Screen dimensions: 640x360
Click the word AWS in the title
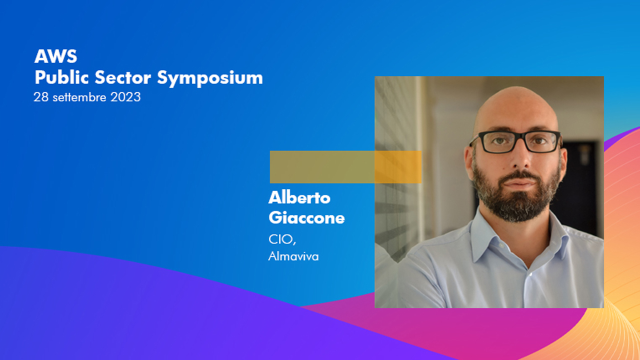click(x=55, y=56)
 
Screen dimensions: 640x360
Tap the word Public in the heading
click(x=61, y=77)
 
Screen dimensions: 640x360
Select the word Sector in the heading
click(x=123, y=77)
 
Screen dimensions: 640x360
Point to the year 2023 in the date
click(x=125, y=97)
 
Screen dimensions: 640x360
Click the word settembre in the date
click(x=79, y=97)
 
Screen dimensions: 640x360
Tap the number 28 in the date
click(x=41, y=97)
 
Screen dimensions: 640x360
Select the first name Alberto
click(x=299, y=197)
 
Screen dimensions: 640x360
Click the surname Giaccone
click(x=306, y=217)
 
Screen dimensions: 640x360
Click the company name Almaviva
click(x=293, y=256)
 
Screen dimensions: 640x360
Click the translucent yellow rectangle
click(x=345, y=167)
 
